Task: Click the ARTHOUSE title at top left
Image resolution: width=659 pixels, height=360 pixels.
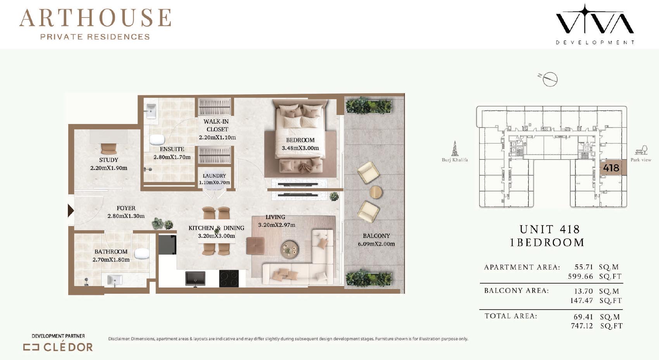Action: click(95, 18)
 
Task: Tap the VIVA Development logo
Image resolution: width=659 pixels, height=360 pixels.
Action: click(595, 24)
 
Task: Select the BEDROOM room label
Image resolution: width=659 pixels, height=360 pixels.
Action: click(300, 140)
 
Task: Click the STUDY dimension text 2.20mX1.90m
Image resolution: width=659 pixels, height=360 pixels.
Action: click(109, 168)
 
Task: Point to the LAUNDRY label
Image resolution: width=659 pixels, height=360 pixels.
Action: click(214, 176)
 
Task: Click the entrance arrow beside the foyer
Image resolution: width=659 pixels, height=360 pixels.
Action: click(71, 210)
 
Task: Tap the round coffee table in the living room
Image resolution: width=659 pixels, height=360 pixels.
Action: click(289, 250)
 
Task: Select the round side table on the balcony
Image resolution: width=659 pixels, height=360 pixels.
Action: click(375, 192)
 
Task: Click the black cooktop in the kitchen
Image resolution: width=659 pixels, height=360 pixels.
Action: click(229, 278)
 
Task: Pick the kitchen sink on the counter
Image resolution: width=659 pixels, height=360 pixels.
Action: click(195, 278)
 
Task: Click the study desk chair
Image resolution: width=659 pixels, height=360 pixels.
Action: click(109, 148)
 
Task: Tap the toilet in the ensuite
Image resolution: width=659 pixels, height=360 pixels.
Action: click(157, 140)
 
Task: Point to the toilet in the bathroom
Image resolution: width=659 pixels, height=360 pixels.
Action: click(142, 253)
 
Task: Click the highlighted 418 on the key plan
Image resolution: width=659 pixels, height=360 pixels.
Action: click(611, 168)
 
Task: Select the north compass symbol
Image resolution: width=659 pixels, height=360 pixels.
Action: click(549, 79)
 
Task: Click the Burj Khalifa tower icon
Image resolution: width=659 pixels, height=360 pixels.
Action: click(455, 148)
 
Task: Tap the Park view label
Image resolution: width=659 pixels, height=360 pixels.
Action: click(641, 160)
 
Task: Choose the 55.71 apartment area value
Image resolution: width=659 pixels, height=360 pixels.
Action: click(584, 267)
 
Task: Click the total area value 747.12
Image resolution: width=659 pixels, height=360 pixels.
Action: click(581, 326)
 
